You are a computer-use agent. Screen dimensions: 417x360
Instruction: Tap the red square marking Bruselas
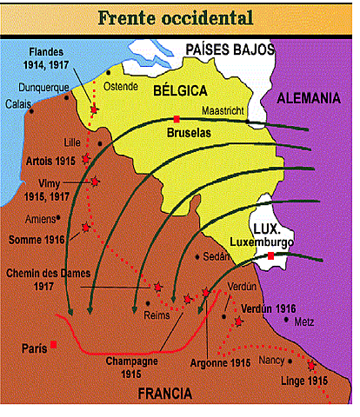177,118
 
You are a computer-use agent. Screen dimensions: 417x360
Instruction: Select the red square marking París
55,345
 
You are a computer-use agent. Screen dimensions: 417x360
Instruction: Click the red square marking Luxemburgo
270,255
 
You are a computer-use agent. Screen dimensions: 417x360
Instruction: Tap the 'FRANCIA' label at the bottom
165,394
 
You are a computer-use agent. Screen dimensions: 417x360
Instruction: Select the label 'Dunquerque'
44,87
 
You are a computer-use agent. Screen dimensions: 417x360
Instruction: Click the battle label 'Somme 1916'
40,239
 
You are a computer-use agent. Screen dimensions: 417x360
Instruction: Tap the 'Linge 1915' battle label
304,381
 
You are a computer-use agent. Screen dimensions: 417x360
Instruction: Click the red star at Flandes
94,109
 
